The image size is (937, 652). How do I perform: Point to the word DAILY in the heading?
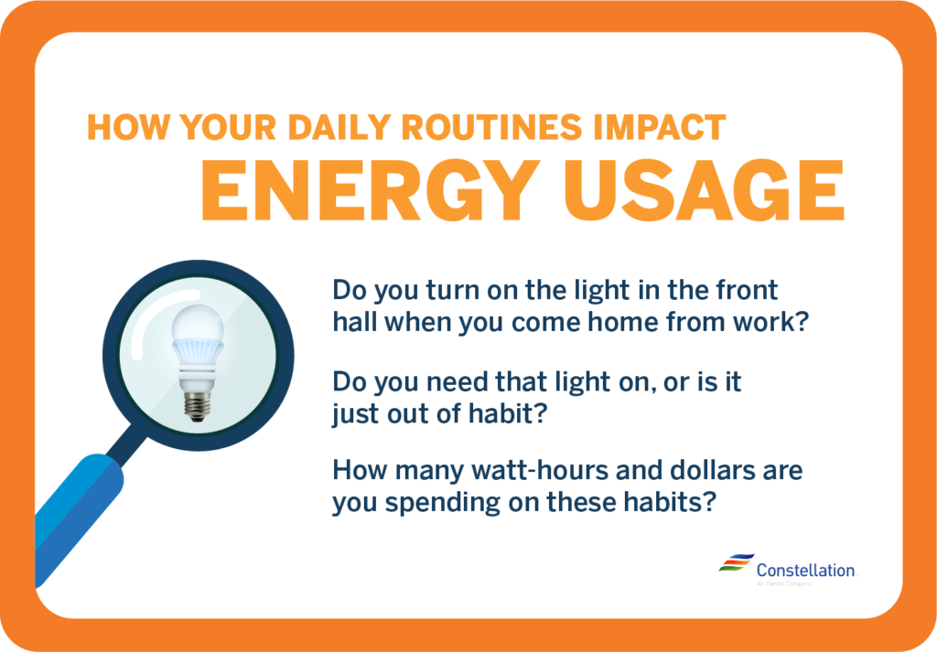(332, 127)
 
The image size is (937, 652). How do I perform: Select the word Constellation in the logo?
(805, 570)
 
